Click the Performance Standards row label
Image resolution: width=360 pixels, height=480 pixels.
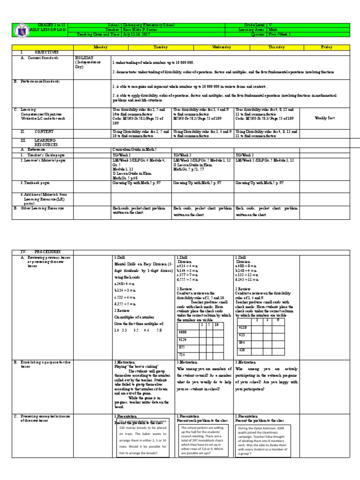click(46, 81)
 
